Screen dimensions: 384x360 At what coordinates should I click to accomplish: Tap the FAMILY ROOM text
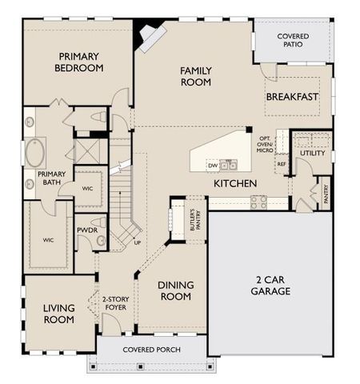[194, 76]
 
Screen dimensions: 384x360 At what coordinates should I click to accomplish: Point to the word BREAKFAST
[292, 97]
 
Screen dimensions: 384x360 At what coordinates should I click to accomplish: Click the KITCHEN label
[234, 184]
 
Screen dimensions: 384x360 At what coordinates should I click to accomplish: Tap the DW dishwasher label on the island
[213, 166]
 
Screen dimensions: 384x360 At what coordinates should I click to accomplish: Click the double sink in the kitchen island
[229, 166]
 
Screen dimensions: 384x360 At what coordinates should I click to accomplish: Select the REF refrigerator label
[282, 164]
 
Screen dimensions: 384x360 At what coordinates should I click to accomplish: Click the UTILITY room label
[313, 153]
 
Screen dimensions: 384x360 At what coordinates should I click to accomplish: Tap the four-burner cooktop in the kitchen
[258, 202]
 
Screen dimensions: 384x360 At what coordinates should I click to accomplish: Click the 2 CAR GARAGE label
[274, 285]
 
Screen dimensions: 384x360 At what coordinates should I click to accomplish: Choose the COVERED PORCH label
[150, 350]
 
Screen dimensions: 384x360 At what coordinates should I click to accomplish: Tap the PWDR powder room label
[86, 230]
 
